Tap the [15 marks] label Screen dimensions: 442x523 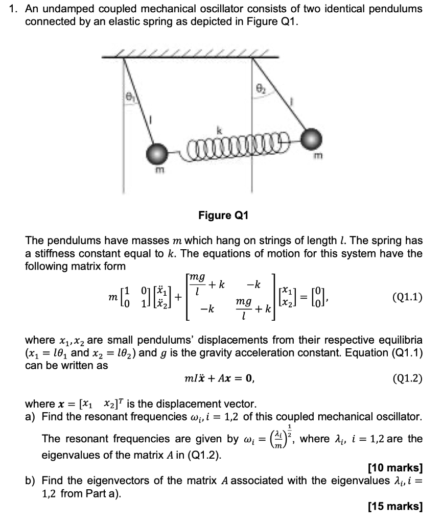coord(395,506)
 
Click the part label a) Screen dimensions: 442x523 coord(31,417)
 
